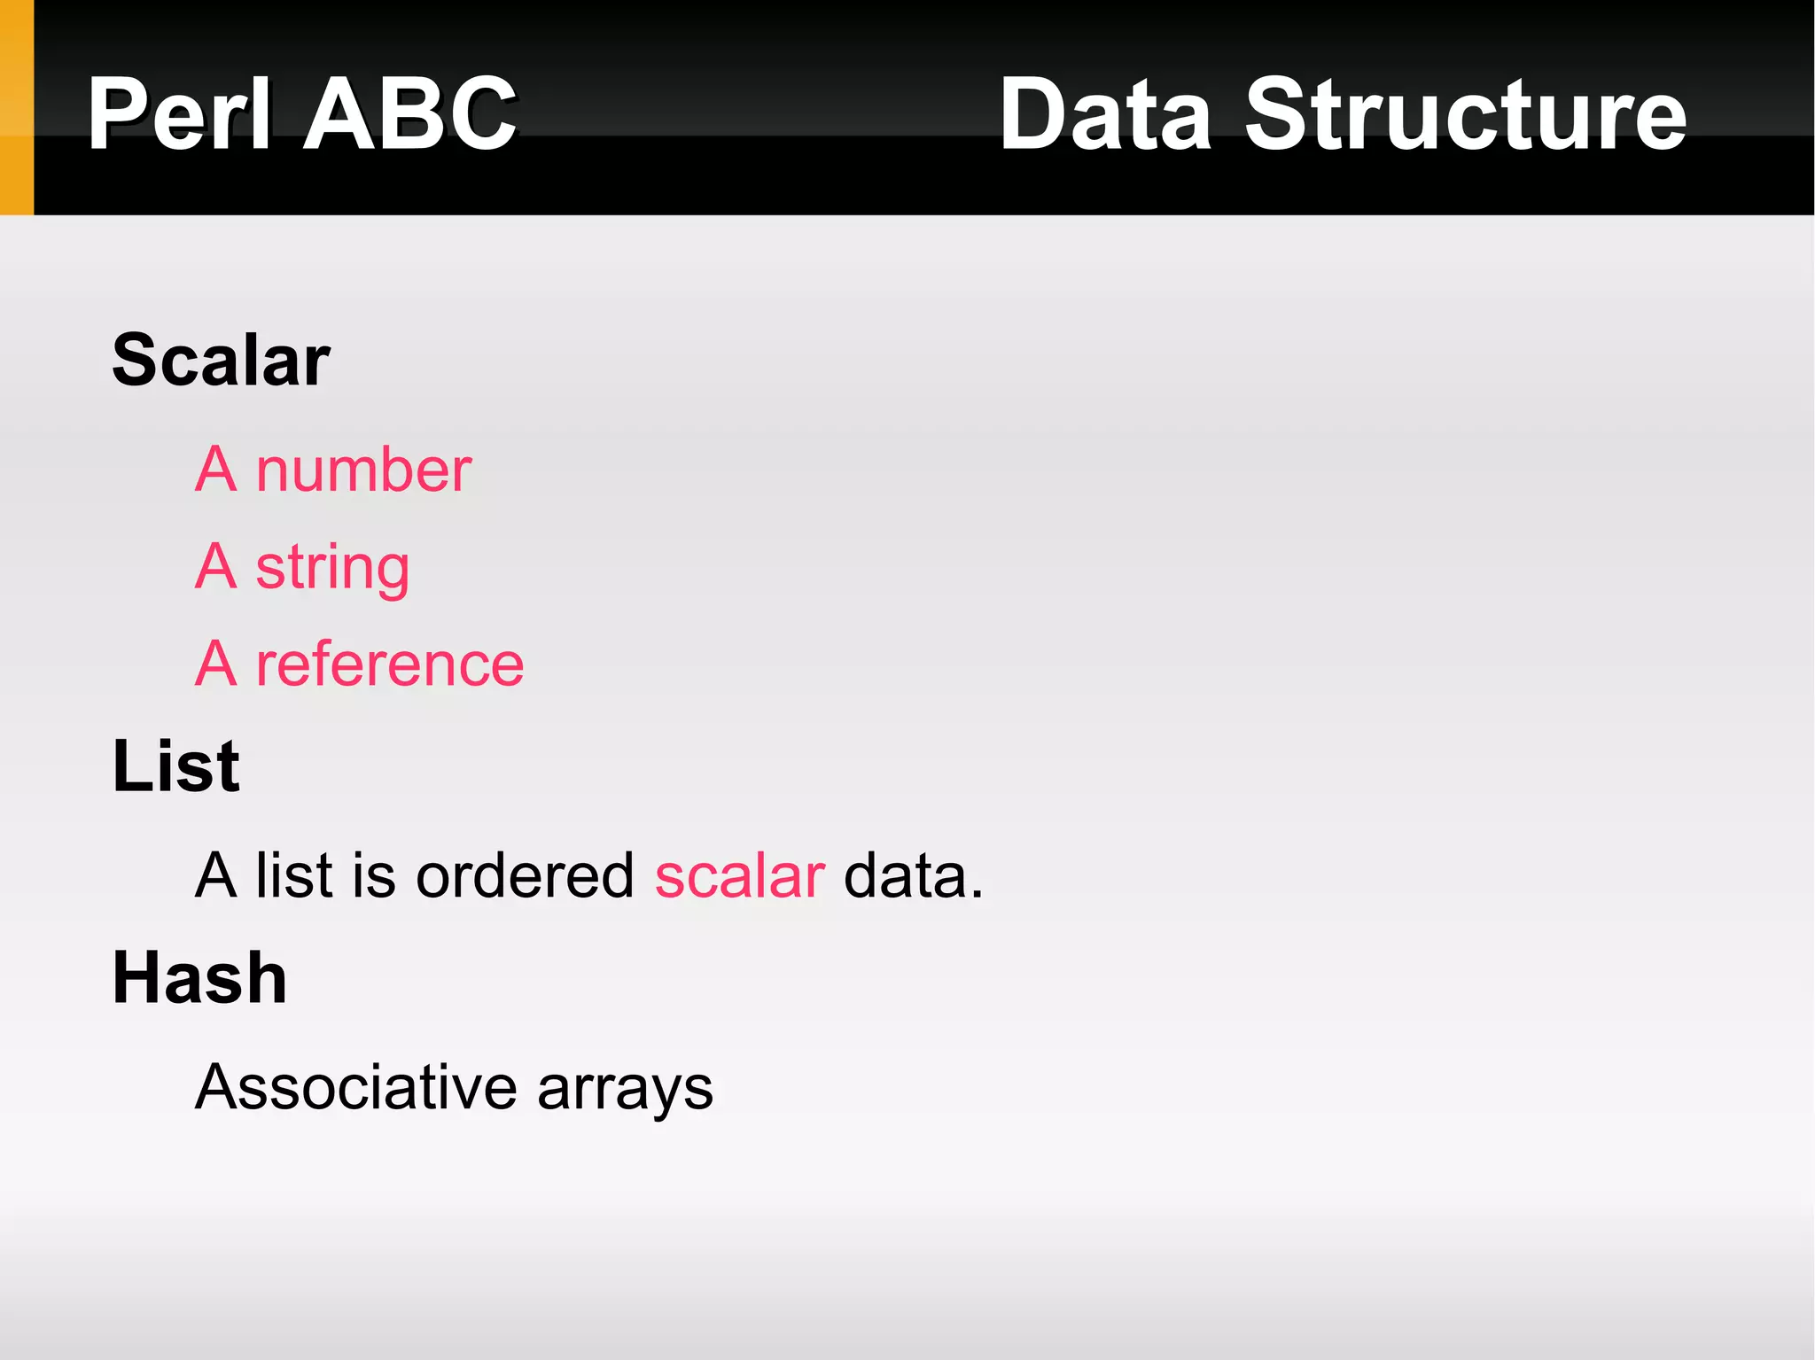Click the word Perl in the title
point(178,114)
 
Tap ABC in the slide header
point(409,114)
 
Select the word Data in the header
point(1104,114)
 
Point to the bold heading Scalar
point(221,360)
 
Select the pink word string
point(332,568)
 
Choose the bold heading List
point(175,765)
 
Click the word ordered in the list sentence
point(525,876)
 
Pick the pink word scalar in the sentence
point(740,876)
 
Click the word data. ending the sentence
point(914,876)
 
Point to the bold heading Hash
point(199,978)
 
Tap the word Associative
point(355,1087)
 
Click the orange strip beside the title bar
point(16,107)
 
